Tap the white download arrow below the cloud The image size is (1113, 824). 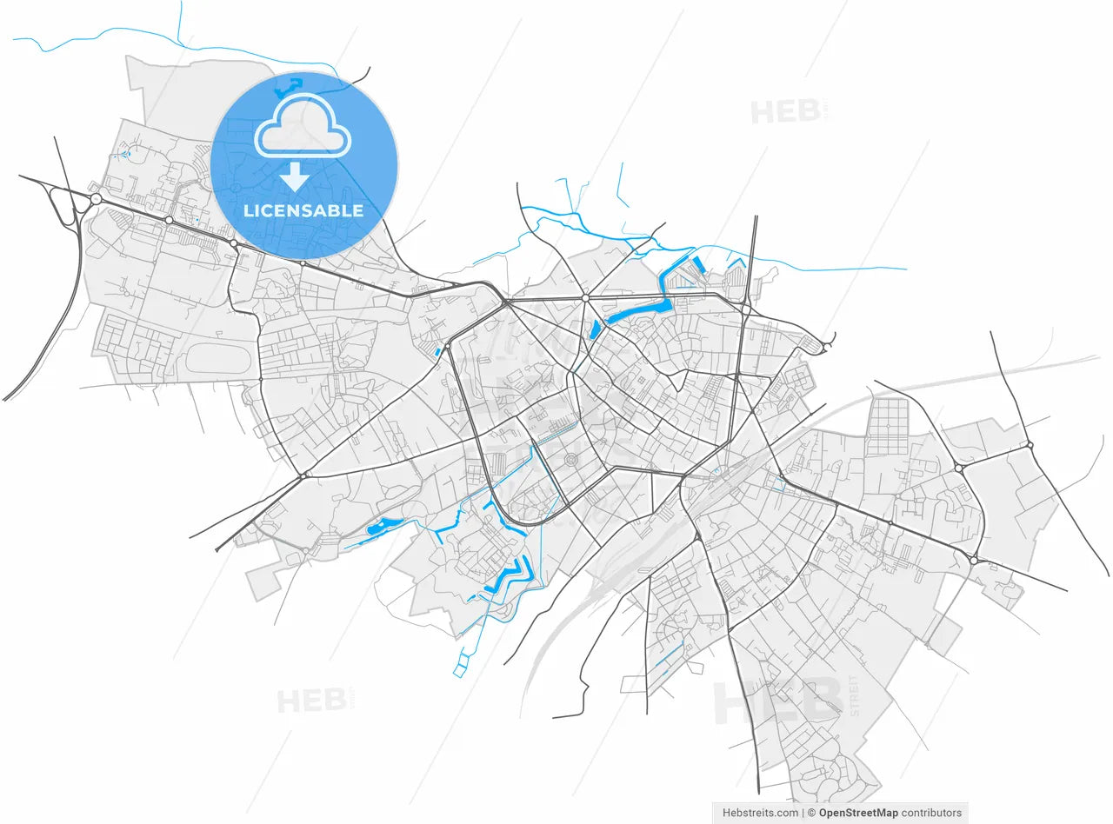[x=295, y=176]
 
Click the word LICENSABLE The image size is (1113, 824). [x=303, y=210]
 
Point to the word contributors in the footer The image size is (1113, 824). [x=931, y=813]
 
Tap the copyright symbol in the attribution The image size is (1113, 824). [x=810, y=813]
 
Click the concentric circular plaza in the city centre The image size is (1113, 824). [x=571, y=460]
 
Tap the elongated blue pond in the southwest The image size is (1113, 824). [x=383, y=526]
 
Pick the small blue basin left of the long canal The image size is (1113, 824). [x=596, y=329]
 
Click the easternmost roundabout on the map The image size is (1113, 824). [x=1030, y=445]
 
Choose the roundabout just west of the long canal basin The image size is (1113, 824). [x=585, y=298]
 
